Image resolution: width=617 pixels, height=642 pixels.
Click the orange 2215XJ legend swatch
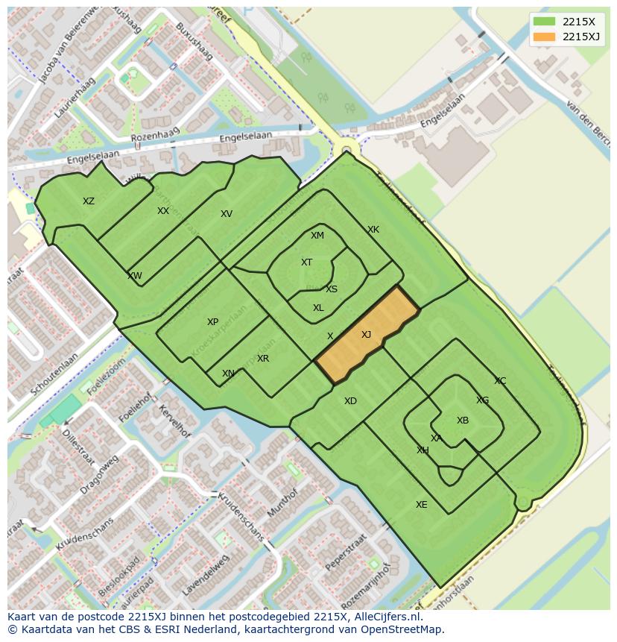pos(544,37)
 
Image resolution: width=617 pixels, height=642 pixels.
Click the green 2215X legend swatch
pos(544,22)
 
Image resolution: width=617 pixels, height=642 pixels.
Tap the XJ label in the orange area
pos(366,335)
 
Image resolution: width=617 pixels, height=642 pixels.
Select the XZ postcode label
pos(89,201)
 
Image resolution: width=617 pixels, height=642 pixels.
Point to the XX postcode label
pos(163,211)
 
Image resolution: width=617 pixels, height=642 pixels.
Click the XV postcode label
pos(227,214)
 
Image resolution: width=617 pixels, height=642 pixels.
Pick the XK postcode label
pos(373,230)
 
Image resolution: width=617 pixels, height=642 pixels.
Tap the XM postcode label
pos(317,236)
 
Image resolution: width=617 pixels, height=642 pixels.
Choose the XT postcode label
pos(306,262)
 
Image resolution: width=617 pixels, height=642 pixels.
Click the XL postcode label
pos(318,308)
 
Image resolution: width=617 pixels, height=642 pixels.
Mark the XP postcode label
pos(212,322)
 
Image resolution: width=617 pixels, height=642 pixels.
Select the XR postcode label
pos(263,359)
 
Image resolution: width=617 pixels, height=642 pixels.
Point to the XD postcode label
pos(350,401)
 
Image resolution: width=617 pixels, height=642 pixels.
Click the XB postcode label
pos(463,421)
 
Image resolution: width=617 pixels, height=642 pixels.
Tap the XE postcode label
pos(422,505)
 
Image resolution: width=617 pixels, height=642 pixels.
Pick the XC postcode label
pos(500,381)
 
